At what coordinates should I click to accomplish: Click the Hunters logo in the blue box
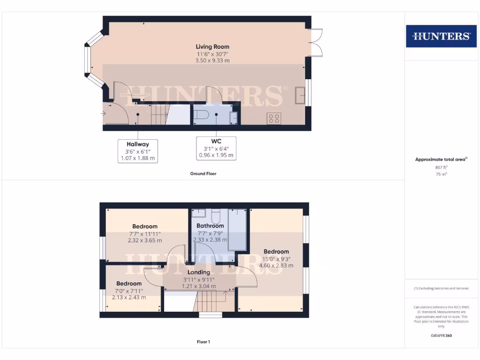[x=441, y=36]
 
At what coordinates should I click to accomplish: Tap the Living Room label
[x=212, y=46]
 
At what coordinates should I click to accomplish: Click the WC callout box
[x=216, y=148]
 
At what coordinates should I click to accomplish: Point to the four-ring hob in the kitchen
[x=274, y=118]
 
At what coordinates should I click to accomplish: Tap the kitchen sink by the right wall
[x=300, y=96]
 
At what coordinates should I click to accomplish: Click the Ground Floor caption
[x=203, y=173]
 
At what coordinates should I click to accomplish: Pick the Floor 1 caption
[x=203, y=342]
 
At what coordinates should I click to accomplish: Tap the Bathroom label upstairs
[x=210, y=225]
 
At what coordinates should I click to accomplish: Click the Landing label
[x=199, y=272]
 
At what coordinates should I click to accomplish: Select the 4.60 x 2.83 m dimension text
[x=276, y=265]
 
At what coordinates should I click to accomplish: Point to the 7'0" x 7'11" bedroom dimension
[x=129, y=291]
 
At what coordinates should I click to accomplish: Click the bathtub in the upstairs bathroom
[x=238, y=229]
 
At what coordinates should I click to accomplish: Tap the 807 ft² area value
[x=441, y=167]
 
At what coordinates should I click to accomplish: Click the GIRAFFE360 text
[x=441, y=336]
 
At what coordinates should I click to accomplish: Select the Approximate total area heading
[x=441, y=159]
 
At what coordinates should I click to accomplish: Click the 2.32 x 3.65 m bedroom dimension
[x=144, y=240]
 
